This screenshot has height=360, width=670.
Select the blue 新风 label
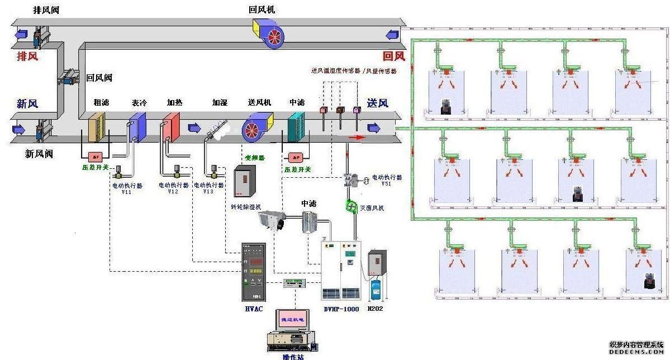coord(27,103)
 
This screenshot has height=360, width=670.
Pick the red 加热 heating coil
coord(170,127)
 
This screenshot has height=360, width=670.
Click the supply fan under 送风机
coord(258,127)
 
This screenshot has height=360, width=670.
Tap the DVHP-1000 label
coord(341,308)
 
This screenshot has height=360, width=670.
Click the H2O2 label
coord(376,308)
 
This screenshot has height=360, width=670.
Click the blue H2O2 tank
coord(375,288)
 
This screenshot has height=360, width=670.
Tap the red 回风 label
coord(393,56)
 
